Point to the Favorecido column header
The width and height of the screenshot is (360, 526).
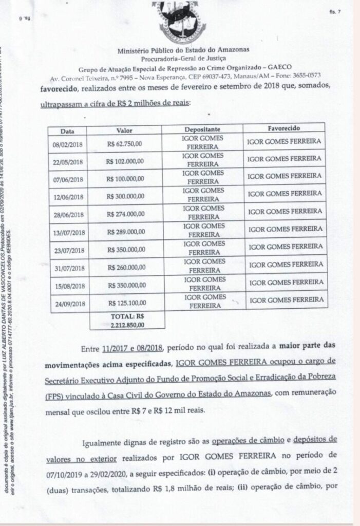tap(284, 127)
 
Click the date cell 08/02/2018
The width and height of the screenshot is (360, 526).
tap(68, 144)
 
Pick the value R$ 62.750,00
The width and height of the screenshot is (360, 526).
tap(124, 143)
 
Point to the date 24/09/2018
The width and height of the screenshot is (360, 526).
tap(69, 304)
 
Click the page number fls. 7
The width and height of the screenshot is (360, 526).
tap(335, 13)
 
